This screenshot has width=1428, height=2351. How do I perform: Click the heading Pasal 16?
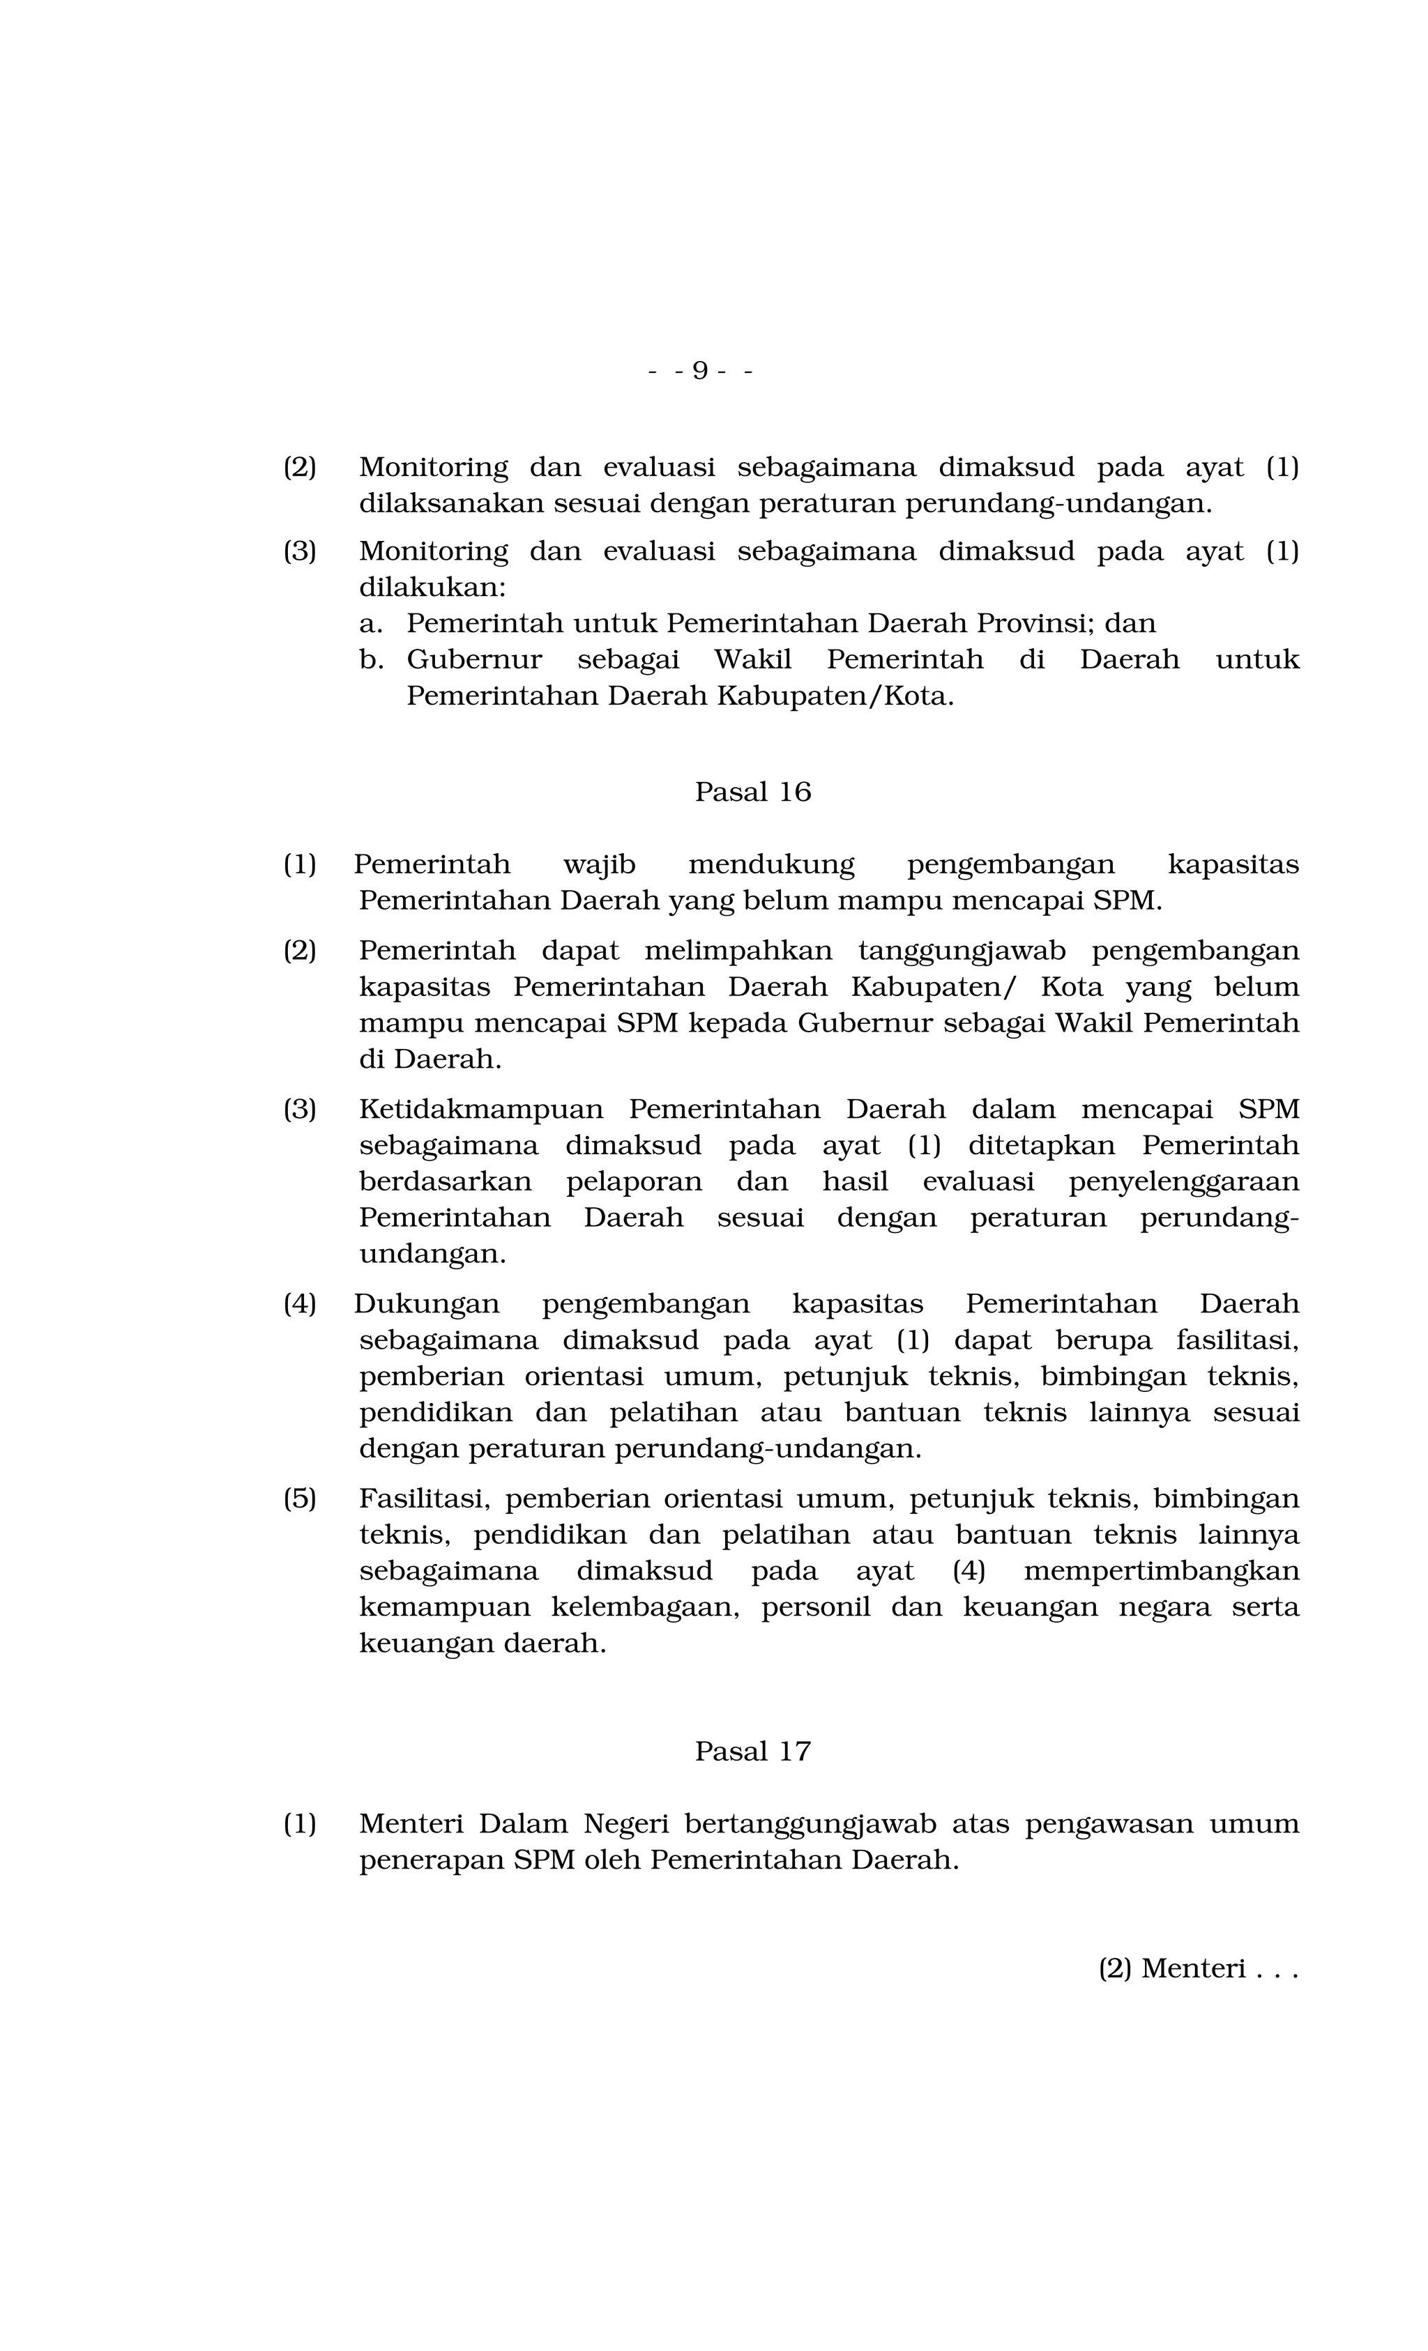[752, 792]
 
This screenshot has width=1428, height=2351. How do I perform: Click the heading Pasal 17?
[752, 1752]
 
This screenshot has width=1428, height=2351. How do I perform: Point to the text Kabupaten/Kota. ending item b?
[834, 696]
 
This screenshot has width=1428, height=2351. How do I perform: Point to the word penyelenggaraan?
[1183, 1181]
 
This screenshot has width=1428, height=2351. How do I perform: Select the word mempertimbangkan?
[1161, 1570]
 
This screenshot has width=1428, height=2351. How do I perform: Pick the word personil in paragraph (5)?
[815, 1607]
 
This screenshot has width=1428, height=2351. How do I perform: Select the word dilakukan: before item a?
[432, 587]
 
